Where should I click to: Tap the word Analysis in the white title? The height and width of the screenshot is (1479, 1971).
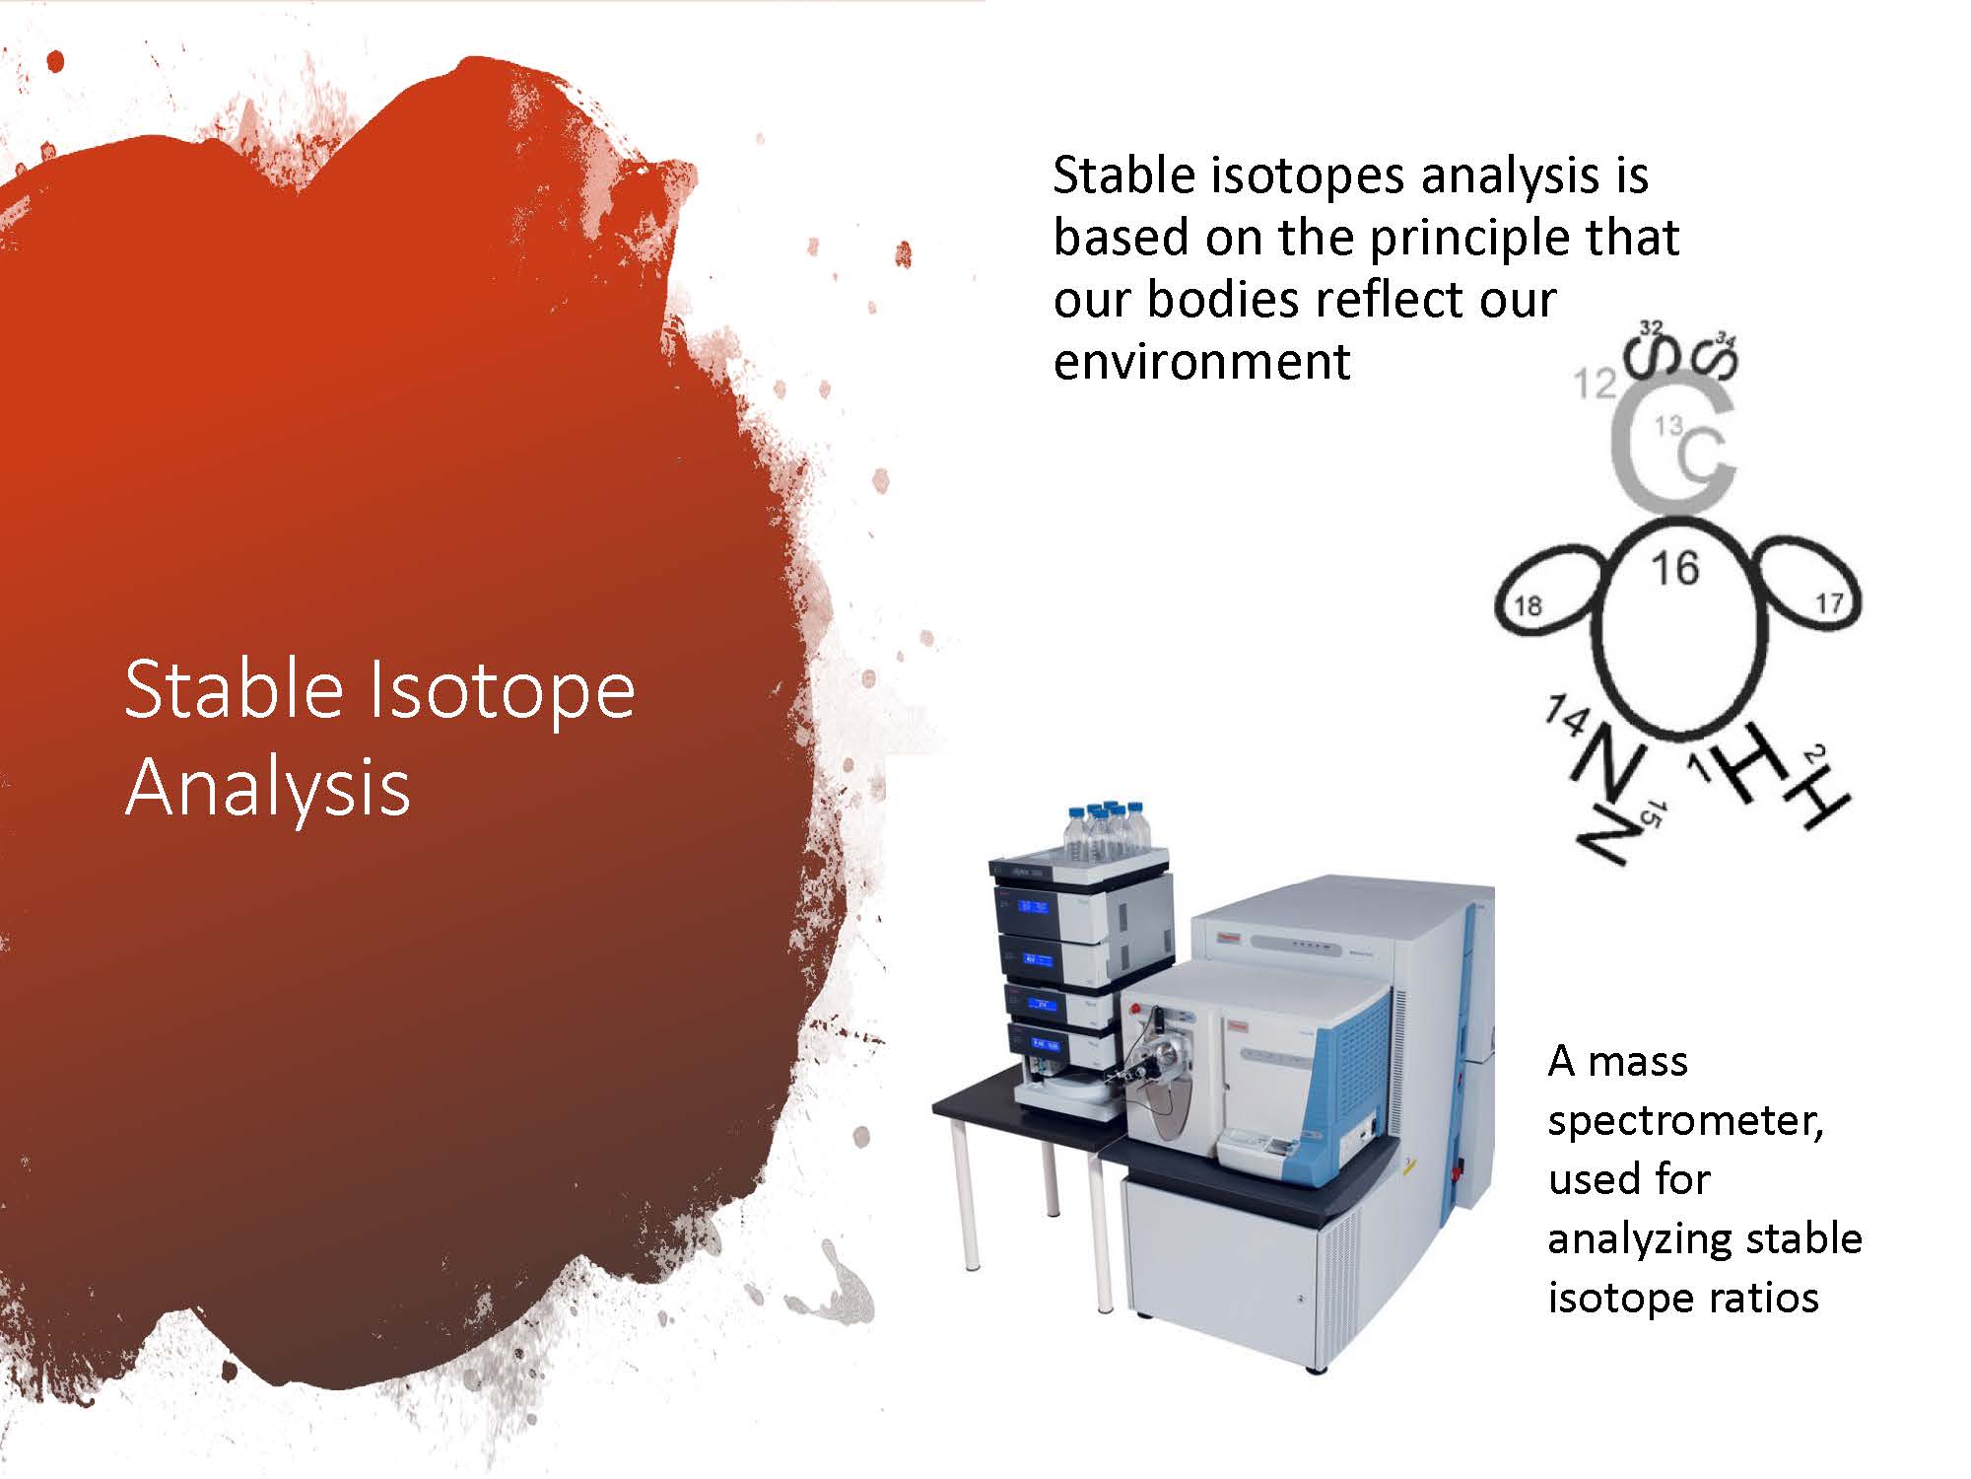tap(267, 789)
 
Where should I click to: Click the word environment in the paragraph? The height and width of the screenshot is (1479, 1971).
tap(1201, 361)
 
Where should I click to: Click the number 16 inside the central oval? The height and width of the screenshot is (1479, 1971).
tap(1674, 568)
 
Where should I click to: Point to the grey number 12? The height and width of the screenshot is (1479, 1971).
tap(1595, 383)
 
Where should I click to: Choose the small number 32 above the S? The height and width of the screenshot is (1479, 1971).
tap(1651, 327)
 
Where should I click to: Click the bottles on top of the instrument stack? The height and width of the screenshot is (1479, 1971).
tap(1107, 830)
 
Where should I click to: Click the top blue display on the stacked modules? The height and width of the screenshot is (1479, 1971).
tap(1033, 905)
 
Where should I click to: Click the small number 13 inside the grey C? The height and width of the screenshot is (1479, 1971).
tap(1667, 426)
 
